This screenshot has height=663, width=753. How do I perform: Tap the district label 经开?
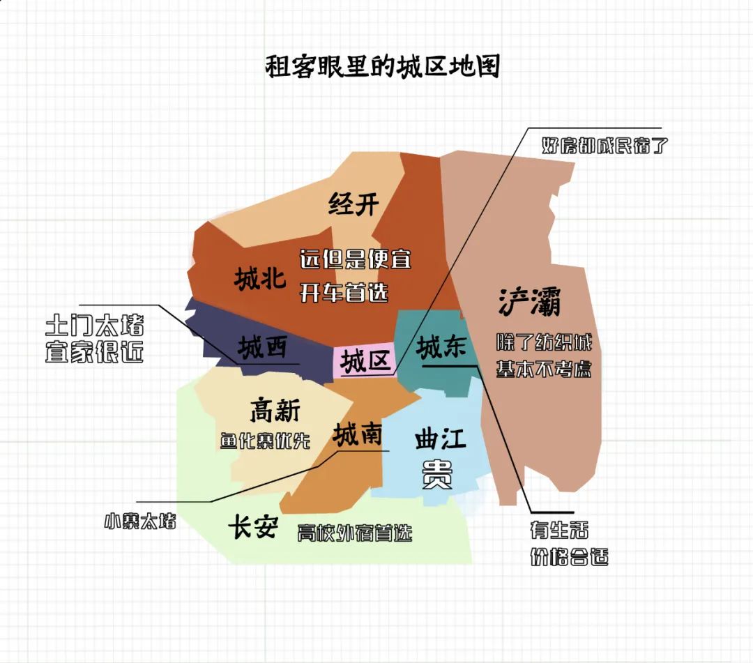[x=353, y=204]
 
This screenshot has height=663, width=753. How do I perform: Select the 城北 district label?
[x=260, y=279]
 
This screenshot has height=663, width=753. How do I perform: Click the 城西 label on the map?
[x=261, y=347]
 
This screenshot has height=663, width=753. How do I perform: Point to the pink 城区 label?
[x=364, y=362]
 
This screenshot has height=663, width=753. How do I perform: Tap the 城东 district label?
[x=441, y=347]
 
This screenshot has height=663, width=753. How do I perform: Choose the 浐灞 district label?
[x=529, y=302]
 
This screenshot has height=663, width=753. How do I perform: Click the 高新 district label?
[x=275, y=411]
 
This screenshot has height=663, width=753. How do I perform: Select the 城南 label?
[x=357, y=435]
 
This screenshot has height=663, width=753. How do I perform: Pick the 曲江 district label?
[x=440, y=440]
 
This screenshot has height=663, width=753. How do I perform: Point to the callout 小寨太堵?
[x=139, y=521]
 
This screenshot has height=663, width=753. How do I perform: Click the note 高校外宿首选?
[x=355, y=533]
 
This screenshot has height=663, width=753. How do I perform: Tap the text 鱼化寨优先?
[x=265, y=441]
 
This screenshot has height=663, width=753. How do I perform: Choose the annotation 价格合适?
[x=568, y=558]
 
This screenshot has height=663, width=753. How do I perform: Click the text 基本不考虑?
[x=544, y=369]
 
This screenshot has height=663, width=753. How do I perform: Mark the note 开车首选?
[x=344, y=293]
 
